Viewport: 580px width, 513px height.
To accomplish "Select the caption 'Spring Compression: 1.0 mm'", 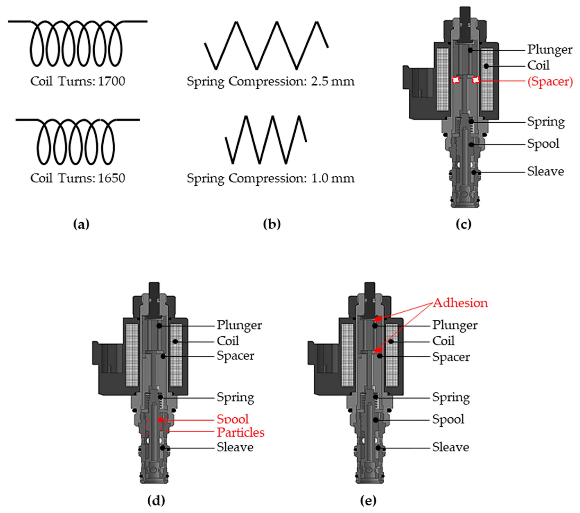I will pyautogui.click(x=271, y=178).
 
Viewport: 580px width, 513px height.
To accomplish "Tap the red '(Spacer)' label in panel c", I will pyautogui.click(x=550, y=81).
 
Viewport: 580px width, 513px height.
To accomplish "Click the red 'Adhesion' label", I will pyautogui.click(x=460, y=303).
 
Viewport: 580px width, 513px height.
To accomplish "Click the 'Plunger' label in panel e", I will pyautogui.click(x=455, y=325).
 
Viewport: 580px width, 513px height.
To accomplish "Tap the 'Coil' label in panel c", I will pyautogui.click(x=538, y=65).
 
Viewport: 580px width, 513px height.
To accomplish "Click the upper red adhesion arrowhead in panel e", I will pyautogui.click(x=378, y=319).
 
